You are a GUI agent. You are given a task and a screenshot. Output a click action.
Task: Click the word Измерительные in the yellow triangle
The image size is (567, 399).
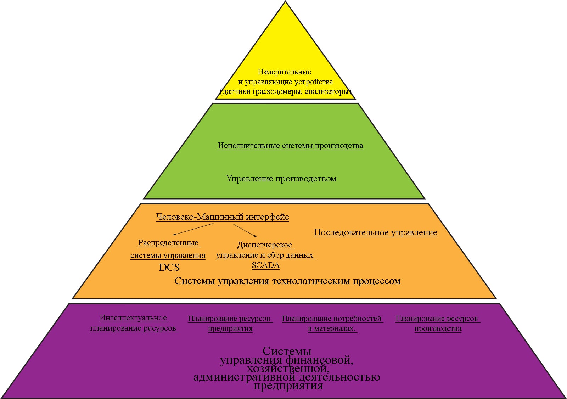click(x=284, y=72)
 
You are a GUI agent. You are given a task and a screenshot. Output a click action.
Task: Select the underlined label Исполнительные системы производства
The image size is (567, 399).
click(x=290, y=146)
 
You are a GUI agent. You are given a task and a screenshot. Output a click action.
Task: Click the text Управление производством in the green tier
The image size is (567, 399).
click(x=281, y=179)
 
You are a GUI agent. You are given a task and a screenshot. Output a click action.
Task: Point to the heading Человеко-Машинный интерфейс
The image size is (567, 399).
click(x=223, y=217)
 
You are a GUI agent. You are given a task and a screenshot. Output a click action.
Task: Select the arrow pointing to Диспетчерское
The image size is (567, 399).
click(x=245, y=230)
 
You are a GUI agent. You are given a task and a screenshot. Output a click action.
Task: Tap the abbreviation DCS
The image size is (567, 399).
click(x=169, y=267)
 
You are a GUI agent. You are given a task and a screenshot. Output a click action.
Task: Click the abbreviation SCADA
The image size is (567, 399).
click(x=265, y=265)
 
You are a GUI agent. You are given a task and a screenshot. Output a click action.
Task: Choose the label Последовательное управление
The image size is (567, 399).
click(x=375, y=233)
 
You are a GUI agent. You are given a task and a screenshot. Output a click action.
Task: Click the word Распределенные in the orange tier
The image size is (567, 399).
click(x=168, y=243)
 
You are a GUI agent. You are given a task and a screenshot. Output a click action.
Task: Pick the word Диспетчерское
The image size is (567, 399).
click(x=265, y=245)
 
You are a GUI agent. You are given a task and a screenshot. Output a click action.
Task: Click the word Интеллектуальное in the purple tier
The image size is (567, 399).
click(x=133, y=318)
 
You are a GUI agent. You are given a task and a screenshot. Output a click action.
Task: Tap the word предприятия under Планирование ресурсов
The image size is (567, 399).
click(x=230, y=328)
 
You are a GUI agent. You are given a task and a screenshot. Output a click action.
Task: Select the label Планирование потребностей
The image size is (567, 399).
click(x=332, y=319)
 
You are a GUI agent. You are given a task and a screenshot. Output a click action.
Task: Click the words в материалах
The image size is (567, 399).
click(x=331, y=328)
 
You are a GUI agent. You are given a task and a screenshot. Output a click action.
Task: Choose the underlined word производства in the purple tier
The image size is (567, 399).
click(x=438, y=328)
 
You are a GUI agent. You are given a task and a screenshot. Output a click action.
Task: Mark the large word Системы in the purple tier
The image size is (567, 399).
click(x=287, y=351)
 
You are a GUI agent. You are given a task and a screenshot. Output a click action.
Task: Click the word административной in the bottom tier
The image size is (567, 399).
click(x=244, y=377)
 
